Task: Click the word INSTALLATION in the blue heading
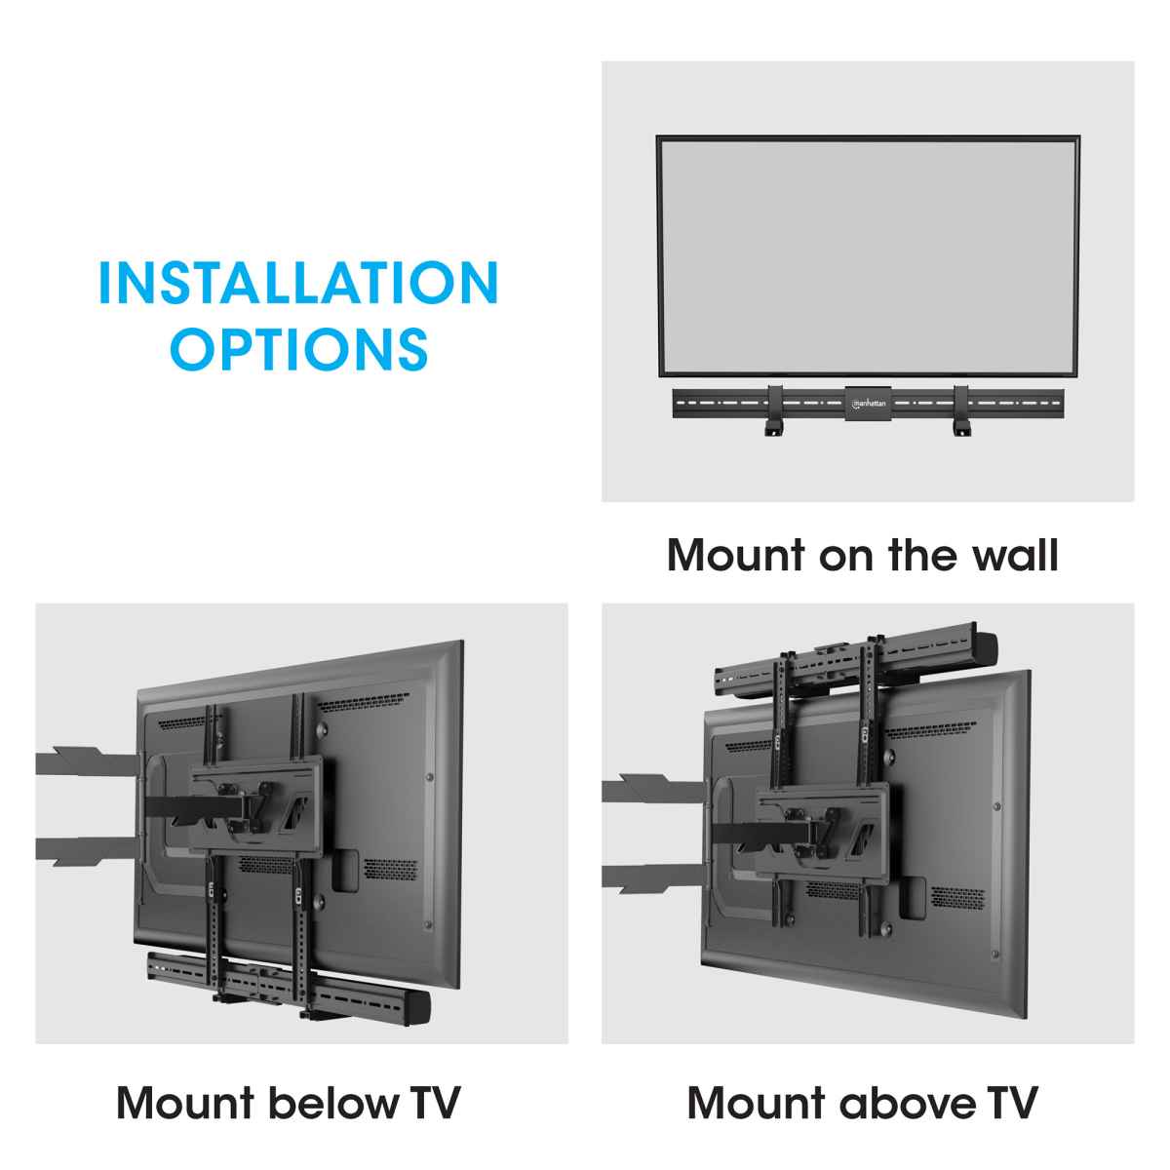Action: pos(298,283)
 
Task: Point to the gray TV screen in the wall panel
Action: pos(868,255)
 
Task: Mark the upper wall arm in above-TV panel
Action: pos(643,786)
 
